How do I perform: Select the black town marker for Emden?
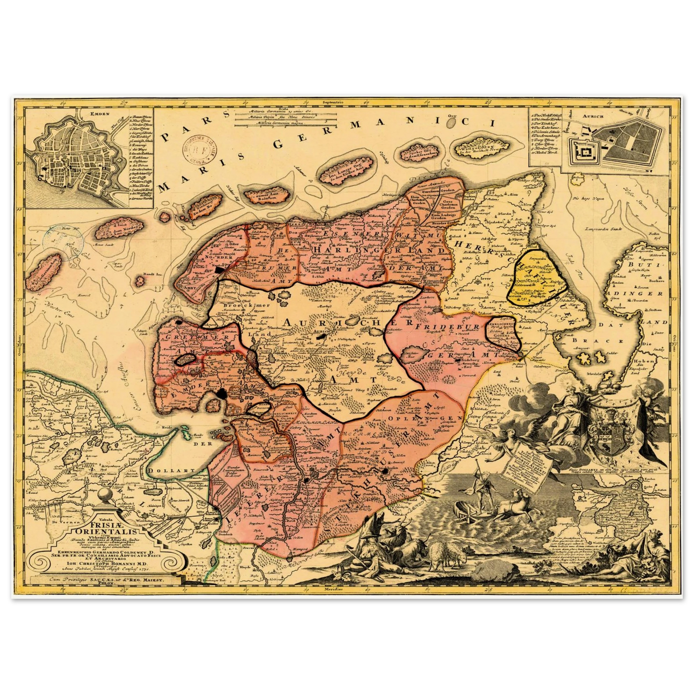click(222, 394)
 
